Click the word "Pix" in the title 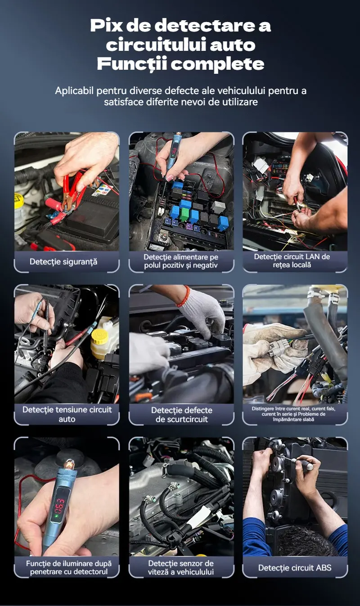[106, 26]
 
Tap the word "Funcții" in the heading [132, 64]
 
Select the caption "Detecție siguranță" [63, 261]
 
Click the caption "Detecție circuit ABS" [294, 568]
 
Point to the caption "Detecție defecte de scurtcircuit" [182, 415]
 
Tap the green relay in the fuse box [185, 215]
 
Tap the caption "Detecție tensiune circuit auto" [67, 414]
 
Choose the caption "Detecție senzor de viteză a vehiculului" [181, 568]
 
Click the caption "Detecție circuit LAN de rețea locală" [292, 260]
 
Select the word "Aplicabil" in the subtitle [74, 91]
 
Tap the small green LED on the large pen [56, 516]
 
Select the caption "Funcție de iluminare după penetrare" [69, 568]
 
